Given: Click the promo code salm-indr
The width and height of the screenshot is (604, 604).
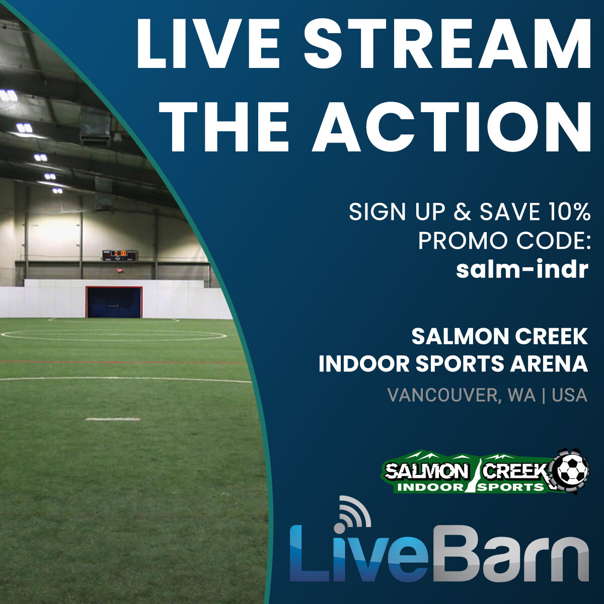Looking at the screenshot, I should [x=522, y=270].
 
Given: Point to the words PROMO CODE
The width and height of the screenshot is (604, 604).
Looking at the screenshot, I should [x=504, y=241].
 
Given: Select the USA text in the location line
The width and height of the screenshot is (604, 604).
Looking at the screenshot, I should [x=570, y=395].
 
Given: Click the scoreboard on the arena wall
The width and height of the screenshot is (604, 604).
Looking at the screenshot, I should [x=119, y=255].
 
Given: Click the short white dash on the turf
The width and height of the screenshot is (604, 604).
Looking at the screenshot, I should [x=105, y=419].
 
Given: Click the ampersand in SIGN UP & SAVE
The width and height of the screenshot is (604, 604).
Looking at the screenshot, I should [x=463, y=212].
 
